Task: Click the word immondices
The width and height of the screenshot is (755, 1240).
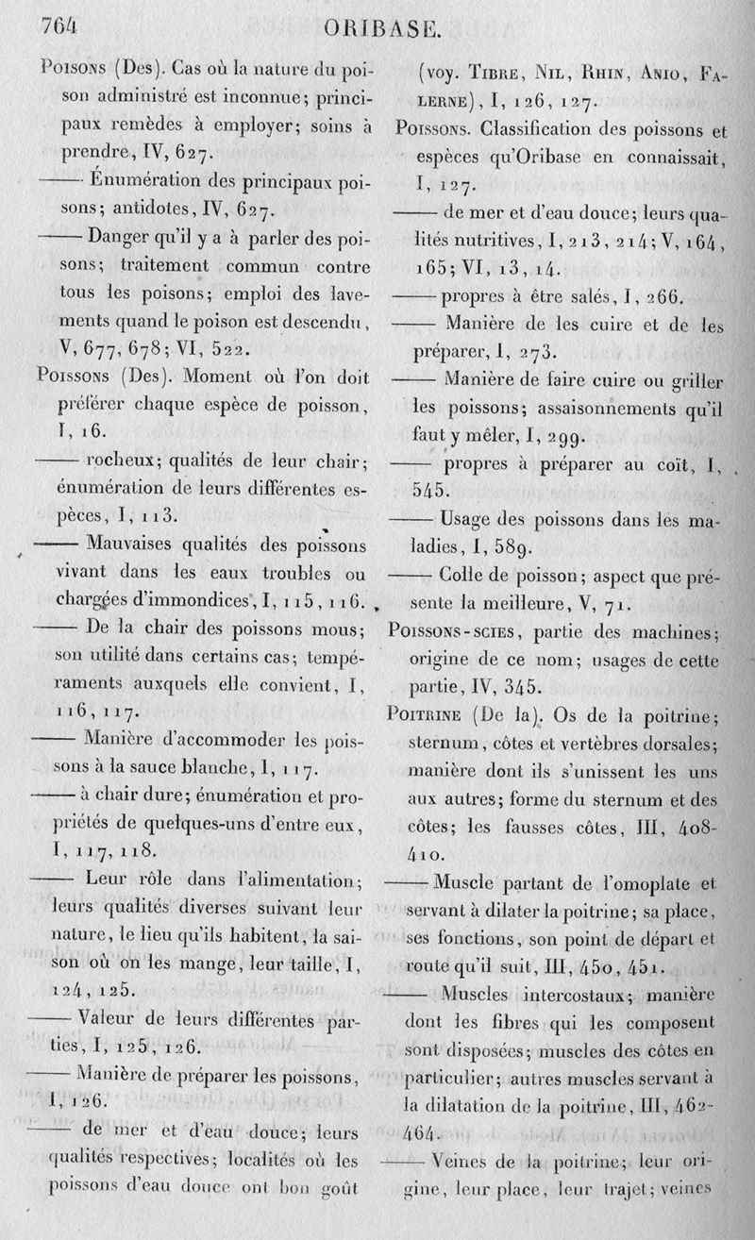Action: tap(221, 599)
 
